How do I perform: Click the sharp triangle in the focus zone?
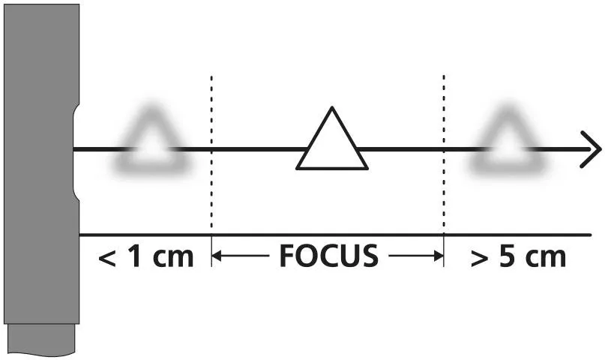[x=332, y=144]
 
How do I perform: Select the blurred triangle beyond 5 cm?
[x=507, y=144]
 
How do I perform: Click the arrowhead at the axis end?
[x=592, y=149]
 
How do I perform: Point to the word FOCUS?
[x=328, y=256]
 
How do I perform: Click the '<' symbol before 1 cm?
[x=108, y=258]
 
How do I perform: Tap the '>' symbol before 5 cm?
[x=478, y=258]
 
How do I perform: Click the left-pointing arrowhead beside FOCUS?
[x=217, y=256]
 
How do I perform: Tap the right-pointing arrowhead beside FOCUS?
[x=438, y=256]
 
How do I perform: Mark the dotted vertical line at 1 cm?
[x=211, y=172]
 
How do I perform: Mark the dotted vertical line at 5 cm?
[x=444, y=172]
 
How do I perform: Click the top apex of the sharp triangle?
[x=331, y=109]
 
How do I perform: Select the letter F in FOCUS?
[x=288, y=256]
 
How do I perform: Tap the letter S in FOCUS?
[x=368, y=256]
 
